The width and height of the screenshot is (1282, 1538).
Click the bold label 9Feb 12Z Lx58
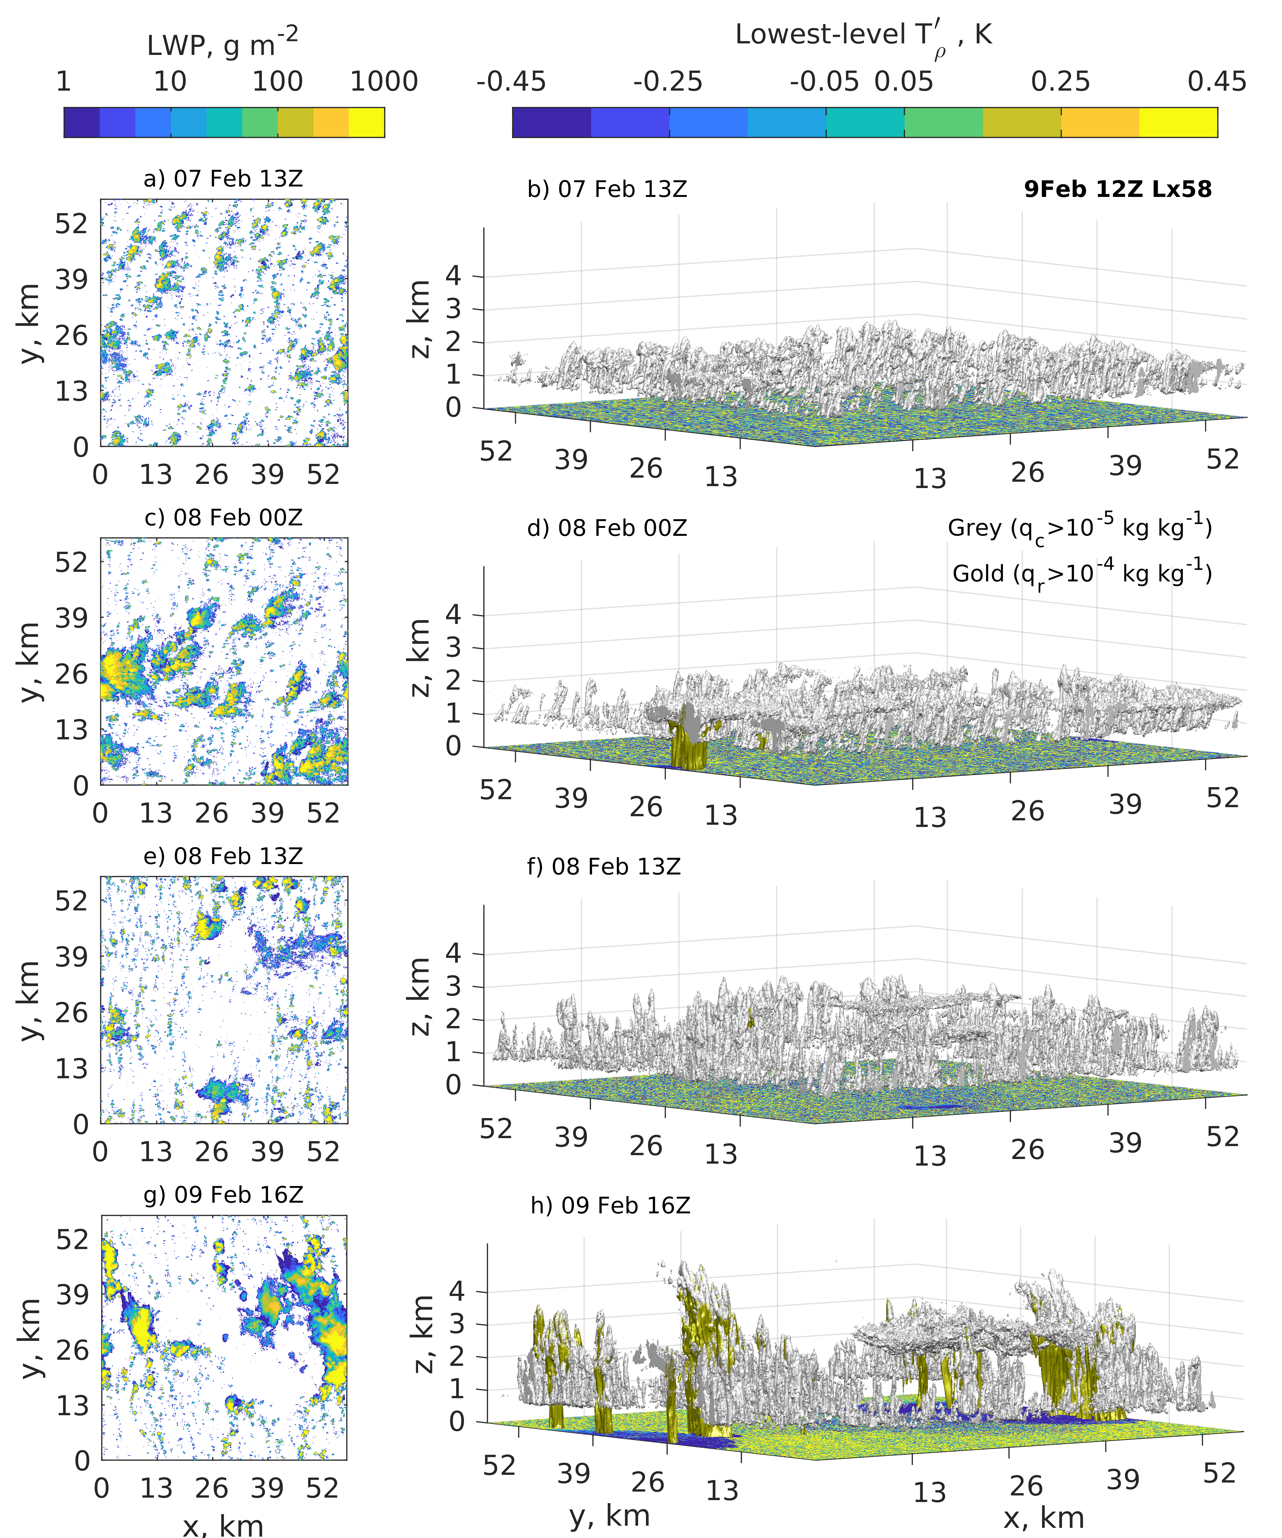(1117, 189)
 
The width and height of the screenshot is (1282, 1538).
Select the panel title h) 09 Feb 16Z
(610, 1205)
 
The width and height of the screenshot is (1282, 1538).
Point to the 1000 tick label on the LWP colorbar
(384, 81)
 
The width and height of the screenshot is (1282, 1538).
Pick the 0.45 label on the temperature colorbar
(1216, 81)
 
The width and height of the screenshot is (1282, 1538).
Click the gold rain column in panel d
(689, 743)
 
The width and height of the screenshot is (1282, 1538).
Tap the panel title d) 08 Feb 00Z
(607, 528)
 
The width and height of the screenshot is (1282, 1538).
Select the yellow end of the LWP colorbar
(366, 122)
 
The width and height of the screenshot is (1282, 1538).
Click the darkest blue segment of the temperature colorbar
(551, 122)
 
